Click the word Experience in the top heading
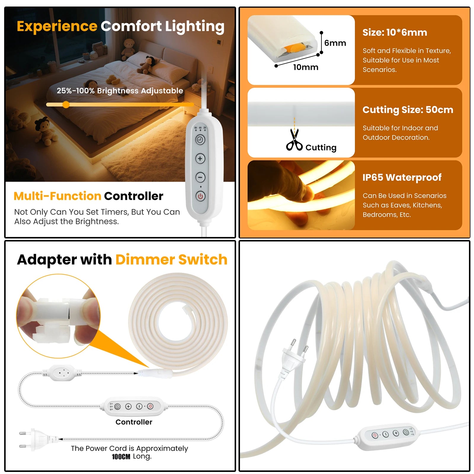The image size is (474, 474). tap(57, 27)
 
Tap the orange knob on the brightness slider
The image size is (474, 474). tap(66, 104)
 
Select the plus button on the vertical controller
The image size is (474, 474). tap(200, 158)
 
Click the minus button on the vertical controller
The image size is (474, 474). tap(200, 177)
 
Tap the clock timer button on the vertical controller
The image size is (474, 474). tap(200, 140)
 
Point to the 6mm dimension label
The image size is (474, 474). tap(335, 43)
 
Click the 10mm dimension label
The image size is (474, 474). tap(306, 67)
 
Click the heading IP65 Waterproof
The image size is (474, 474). tap(402, 177)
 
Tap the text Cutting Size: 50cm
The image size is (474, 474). tap(408, 110)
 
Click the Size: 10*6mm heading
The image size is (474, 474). tap(395, 32)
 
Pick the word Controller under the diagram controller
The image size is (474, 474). tap(134, 422)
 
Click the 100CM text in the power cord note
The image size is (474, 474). tap(121, 457)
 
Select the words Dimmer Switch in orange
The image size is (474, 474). tap(171, 260)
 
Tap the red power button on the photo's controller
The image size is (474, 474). tap(375, 435)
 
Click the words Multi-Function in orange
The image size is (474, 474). tap(57, 196)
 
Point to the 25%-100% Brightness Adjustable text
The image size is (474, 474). tap(120, 91)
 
